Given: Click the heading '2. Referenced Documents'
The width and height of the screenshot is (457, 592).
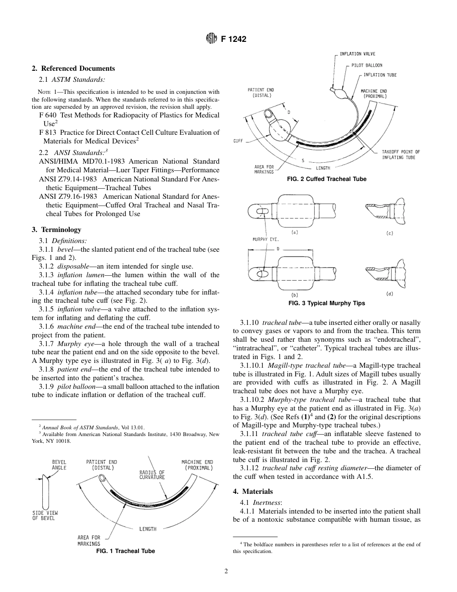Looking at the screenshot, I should click(73, 68).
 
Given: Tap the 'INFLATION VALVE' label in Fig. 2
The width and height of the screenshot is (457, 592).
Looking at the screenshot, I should click(357, 54).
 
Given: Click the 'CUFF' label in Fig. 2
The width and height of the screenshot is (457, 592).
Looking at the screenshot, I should click(238, 141).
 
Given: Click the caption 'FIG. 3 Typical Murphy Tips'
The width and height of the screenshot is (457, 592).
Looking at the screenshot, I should click(326, 303).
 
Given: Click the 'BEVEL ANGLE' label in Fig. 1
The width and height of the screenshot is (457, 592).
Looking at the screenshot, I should click(59, 464).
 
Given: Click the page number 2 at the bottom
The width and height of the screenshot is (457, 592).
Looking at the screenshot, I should click(226, 571).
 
